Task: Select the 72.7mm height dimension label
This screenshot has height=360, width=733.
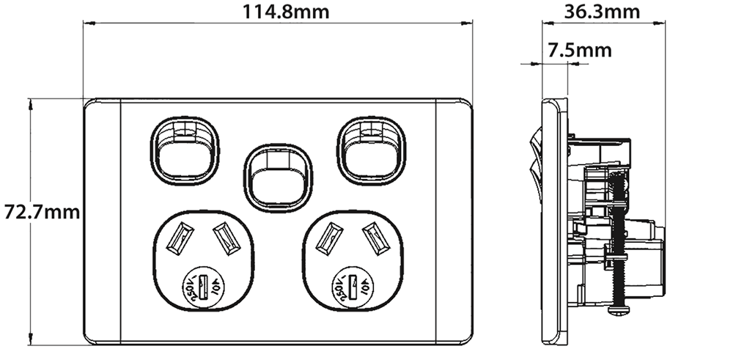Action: [x=40, y=213]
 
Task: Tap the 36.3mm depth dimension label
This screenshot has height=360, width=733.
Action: [x=602, y=11]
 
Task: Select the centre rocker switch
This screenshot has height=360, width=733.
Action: [x=277, y=177]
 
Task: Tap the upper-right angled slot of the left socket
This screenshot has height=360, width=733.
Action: [x=223, y=236]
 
